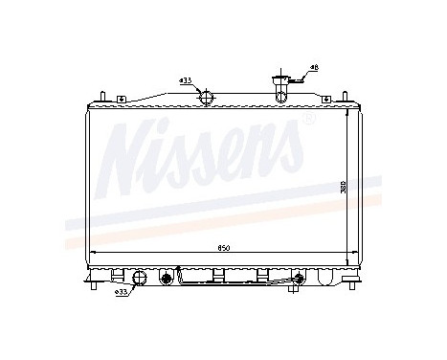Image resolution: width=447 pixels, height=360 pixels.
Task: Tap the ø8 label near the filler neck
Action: (x=313, y=67)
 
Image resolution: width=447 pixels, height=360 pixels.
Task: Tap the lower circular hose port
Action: (x=140, y=279)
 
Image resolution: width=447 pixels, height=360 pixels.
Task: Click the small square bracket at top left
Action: (x=121, y=100)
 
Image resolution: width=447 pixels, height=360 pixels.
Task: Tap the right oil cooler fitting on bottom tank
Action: (x=298, y=279)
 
